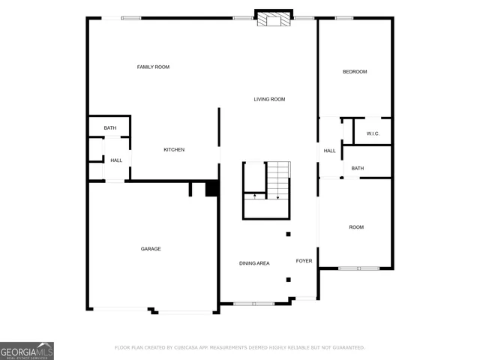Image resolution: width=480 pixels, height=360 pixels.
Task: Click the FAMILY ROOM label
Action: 153,67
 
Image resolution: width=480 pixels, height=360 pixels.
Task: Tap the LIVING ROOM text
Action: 269,99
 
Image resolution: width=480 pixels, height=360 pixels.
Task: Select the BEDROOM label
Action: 355,72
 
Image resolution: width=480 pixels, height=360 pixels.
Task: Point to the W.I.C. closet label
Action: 373,133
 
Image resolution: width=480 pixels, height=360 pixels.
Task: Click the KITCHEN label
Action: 174,150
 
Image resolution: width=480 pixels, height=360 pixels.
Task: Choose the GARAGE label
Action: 151,249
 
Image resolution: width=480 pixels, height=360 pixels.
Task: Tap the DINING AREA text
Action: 254,263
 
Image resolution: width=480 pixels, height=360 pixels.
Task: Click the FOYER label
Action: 304,261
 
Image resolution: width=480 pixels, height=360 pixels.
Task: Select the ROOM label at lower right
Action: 355,226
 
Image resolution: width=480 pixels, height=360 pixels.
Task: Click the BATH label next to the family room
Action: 110,128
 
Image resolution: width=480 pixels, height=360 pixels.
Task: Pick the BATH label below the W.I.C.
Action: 358,168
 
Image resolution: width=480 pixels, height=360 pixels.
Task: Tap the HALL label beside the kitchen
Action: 116,160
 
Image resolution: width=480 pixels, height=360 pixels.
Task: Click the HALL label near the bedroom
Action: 330,151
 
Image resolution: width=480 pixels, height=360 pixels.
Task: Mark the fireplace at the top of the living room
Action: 272,19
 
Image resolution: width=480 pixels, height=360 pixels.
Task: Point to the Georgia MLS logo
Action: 27,350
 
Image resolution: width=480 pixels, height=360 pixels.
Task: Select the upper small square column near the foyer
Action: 288,234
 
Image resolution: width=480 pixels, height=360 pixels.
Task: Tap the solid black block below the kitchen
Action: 211,189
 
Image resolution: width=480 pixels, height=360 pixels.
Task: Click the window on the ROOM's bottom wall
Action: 358,268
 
